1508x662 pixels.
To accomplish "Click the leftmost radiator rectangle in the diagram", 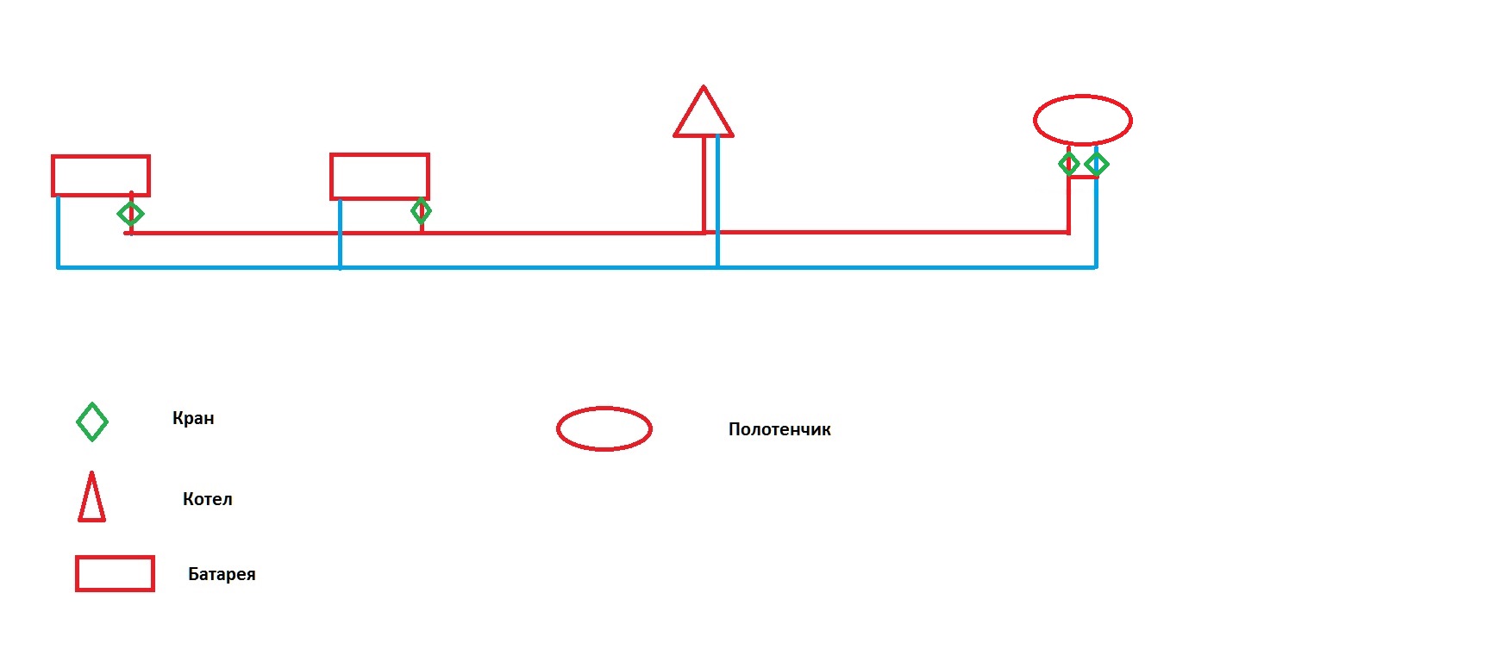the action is pyautogui.click(x=101, y=157).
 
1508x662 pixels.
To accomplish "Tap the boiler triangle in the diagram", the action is pyautogui.click(x=704, y=134).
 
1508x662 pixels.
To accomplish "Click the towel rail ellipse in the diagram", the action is pyautogui.click(x=1083, y=97).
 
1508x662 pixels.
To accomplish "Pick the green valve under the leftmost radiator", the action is pyautogui.click(x=131, y=214).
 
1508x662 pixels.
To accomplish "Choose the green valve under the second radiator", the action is pyautogui.click(x=421, y=210).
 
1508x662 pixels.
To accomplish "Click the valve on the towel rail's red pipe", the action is pyautogui.click(x=1069, y=164).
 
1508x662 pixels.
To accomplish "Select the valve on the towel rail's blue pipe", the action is pyautogui.click(x=1097, y=164).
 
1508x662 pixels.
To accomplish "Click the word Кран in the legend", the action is pyautogui.click(x=193, y=418).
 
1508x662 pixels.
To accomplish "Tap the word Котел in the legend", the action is pyautogui.click(x=208, y=499).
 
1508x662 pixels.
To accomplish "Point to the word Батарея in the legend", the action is pyautogui.click(x=222, y=574).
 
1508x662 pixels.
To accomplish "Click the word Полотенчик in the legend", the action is pyautogui.click(x=779, y=429).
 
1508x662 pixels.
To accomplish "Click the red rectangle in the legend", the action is pyautogui.click(x=115, y=558).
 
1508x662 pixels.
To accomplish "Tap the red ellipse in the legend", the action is pyautogui.click(x=604, y=409).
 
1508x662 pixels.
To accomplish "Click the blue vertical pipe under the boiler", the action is pyautogui.click(x=717, y=201).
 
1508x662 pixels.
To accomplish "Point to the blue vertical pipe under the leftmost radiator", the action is pyautogui.click(x=58, y=232).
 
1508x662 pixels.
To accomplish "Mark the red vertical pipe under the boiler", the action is pyautogui.click(x=704, y=184).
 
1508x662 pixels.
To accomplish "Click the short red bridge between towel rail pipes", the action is pyautogui.click(x=1083, y=178).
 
